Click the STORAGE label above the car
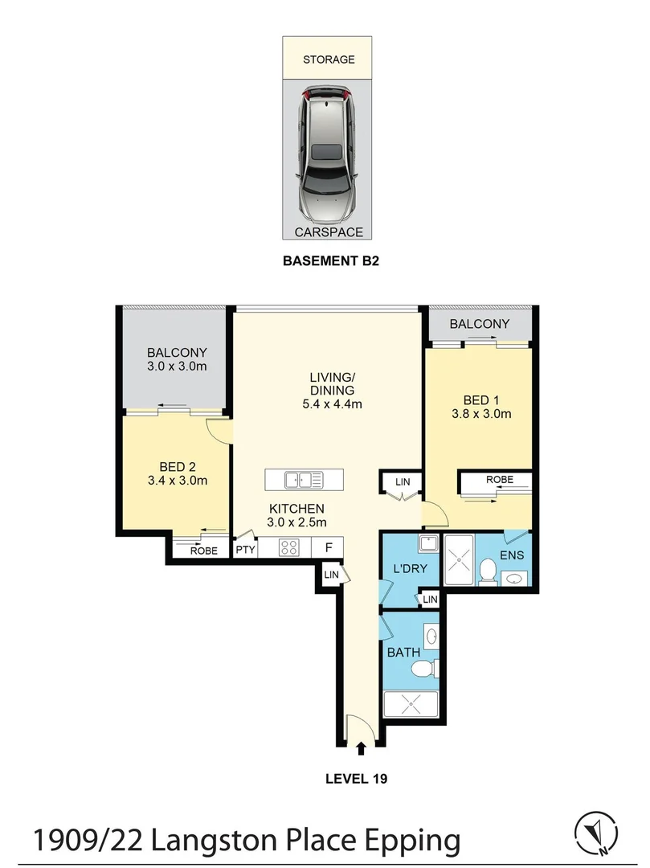(328, 59)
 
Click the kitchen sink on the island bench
(304, 480)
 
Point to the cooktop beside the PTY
(289, 548)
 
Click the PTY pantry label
(245, 550)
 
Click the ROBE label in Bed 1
(499, 480)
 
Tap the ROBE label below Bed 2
(203, 551)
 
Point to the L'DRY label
(408, 568)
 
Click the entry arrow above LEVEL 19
(361, 748)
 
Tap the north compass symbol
(595, 833)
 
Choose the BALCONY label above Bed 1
(479, 324)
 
